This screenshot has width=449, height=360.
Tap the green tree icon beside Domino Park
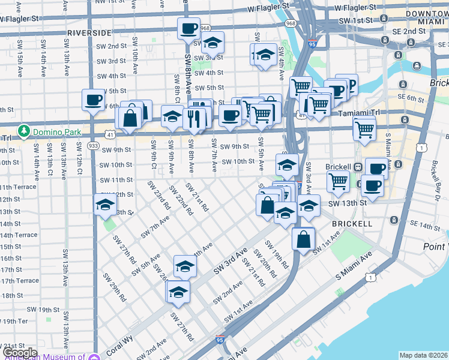point(24,130)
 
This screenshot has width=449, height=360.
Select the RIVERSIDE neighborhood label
point(89,32)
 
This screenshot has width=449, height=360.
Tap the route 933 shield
point(93,145)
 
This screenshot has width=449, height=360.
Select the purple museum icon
point(94,357)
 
